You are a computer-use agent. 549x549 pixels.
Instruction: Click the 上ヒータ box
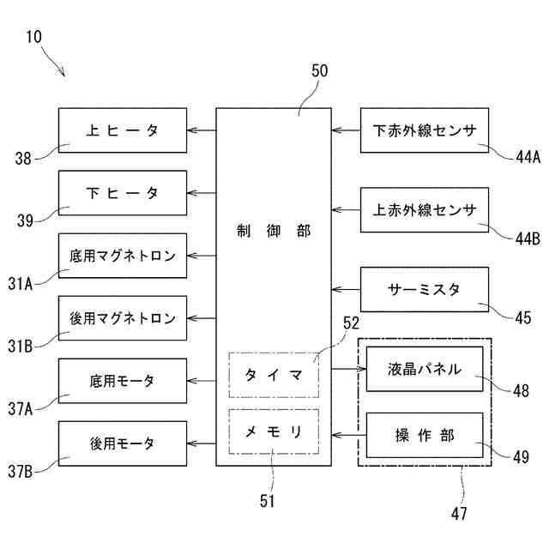(123, 130)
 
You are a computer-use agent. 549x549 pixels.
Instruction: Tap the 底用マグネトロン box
(123, 256)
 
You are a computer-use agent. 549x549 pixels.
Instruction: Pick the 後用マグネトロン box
(123, 318)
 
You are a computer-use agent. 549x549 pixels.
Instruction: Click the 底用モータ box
(123, 381)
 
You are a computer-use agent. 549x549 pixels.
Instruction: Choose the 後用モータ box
(123, 443)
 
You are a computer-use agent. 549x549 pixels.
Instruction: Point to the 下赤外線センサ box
(425, 130)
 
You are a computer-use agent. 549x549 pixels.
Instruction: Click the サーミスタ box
(425, 289)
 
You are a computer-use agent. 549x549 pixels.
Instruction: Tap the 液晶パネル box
(425, 370)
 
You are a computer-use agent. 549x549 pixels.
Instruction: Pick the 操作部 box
(425, 435)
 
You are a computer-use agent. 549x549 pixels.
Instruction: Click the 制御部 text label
(274, 231)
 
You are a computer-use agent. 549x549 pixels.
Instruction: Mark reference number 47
(459, 514)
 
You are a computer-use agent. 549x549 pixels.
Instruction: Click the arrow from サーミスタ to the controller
(346, 289)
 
